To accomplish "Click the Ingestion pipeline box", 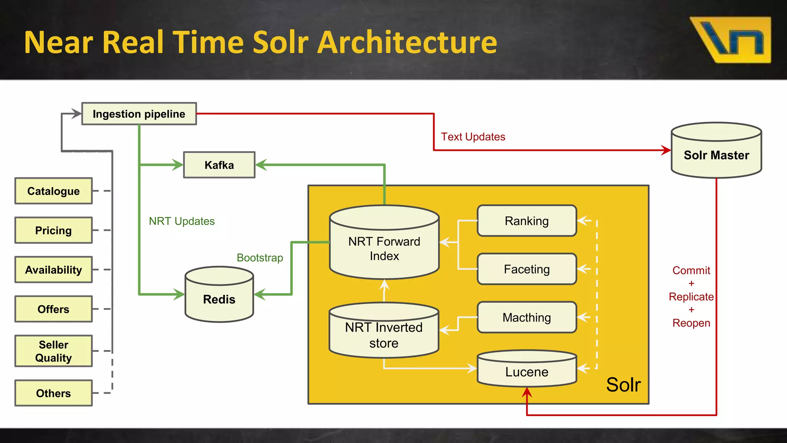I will click(139, 114).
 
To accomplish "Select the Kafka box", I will click(219, 165).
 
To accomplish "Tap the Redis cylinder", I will click(219, 298).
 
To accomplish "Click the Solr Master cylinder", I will click(716, 155).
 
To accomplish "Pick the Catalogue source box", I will click(53, 191).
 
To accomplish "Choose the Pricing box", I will click(53, 230).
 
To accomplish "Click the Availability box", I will click(53, 270).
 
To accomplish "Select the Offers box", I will click(53, 309).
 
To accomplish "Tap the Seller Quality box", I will click(53, 351).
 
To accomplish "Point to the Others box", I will click(53, 393).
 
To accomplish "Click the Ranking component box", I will click(526, 221).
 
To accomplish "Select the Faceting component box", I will click(526, 269).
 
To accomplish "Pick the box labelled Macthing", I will click(526, 317).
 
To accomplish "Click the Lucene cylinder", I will click(526, 371).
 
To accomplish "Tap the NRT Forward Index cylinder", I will click(384, 248).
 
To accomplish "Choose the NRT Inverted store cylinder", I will click(384, 335).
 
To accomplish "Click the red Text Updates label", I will click(473, 137).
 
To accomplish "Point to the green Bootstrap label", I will click(260, 258).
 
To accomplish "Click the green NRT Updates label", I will click(182, 221).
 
